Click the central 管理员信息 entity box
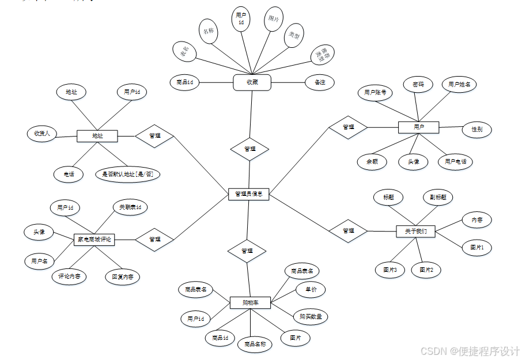[x=248, y=194]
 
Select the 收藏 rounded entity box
[x=252, y=82]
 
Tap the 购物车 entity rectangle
[x=250, y=302]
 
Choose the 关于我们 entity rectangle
[x=415, y=231]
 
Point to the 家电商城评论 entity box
[x=94, y=239]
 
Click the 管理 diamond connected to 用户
[x=348, y=127]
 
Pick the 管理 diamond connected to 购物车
[x=247, y=251]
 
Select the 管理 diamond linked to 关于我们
[x=348, y=230]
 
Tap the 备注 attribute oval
[x=320, y=82]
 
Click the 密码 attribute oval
[x=418, y=85]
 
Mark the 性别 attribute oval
[x=476, y=130]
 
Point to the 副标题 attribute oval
[x=438, y=197]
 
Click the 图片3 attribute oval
[x=390, y=269]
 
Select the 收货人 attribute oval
[x=42, y=134]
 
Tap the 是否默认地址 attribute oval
[x=127, y=174]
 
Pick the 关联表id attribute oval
[x=130, y=207]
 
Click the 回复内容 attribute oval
[x=123, y=276]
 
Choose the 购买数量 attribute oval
[x=310, y=316]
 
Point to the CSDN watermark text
[x=470, y=351]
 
